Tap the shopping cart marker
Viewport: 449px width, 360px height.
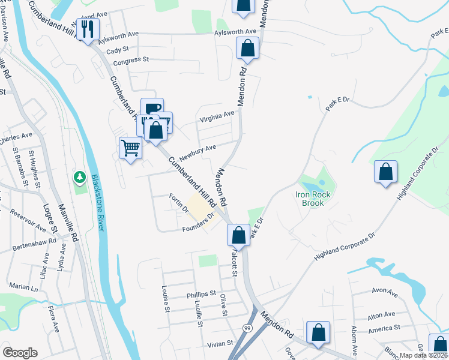[x=130, y=148]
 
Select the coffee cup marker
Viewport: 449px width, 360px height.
[x=152, y=109]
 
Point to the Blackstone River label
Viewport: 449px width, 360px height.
[x=97, y=202]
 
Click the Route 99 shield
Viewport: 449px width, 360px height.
[x=247, y=328]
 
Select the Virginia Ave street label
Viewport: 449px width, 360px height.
[x=217, y=115]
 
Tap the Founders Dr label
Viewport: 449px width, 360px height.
[x=197, y=222]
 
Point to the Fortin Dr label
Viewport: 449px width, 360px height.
[x=179, y=204]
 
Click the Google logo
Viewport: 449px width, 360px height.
[x=20, y=352]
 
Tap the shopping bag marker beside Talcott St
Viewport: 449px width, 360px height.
[x=239, y=235]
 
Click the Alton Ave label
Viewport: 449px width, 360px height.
[x=381, y=314]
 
